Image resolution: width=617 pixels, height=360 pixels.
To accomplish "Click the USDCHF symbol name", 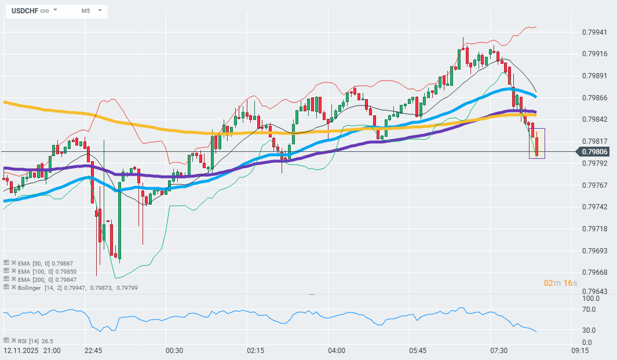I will click(24, 10).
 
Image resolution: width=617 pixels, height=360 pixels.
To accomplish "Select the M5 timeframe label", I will click(85, 10).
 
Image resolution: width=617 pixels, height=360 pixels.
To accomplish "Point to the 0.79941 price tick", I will click(594, 32).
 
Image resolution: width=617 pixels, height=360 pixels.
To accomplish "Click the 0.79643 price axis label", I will click(594, 292).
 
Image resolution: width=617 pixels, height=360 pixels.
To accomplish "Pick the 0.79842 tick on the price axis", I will click(594, 119).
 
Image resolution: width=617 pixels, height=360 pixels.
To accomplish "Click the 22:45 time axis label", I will click(93, 351).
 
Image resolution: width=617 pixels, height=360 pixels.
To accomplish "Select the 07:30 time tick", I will click(499, 351).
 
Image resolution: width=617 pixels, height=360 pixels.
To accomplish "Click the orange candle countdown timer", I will click(560, 283).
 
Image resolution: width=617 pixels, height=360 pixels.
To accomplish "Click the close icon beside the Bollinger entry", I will click(14, 287).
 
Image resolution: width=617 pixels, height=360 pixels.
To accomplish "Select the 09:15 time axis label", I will click(580, 351).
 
